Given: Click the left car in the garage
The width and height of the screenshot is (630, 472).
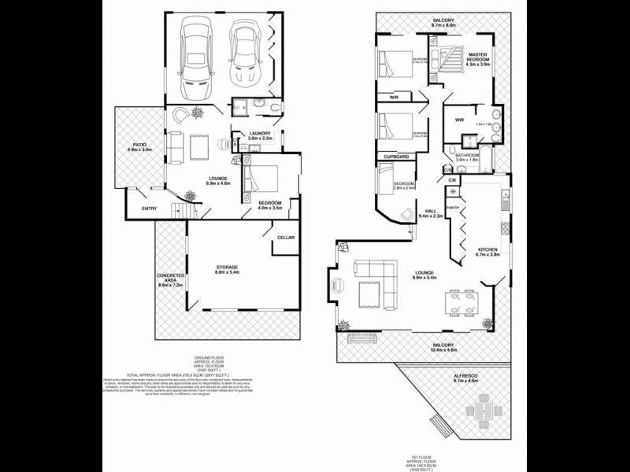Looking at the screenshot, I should click(x=193, y=56).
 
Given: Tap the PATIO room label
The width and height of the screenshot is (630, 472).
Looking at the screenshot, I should click(x=139, y=146).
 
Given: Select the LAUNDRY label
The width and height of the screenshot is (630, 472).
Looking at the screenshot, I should click(x=260, y=135).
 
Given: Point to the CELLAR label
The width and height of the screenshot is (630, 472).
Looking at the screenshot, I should click(x=285, y=237).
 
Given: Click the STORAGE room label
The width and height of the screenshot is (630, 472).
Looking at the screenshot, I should click(x=228, y=268).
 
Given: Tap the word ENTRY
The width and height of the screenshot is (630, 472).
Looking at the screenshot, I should click(x=149, y=208).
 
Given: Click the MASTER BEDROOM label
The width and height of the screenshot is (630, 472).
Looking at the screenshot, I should click(x=478, y=57).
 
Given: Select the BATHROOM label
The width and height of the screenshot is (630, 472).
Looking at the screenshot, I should click(x=467, y=157).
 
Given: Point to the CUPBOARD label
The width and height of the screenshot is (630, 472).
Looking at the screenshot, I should click(x=397, y=157).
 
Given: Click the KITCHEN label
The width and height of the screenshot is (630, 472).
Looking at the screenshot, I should click(x=488, y=252).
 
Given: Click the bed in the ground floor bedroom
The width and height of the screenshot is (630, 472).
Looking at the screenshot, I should click(x=261, y=179).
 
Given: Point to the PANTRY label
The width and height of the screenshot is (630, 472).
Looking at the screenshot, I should click(x=453, y=207).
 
